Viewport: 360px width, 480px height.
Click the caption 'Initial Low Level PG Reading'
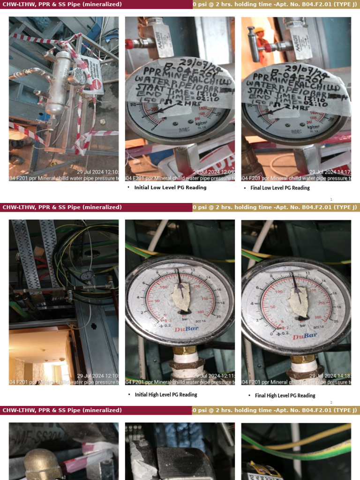pyautogui.click(x=170, y=187)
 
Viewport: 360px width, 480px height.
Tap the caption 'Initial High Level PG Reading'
pyautogui.click(x=165, y=395)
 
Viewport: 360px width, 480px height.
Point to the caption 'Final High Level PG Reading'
pyautogui.click(x=285, y=396)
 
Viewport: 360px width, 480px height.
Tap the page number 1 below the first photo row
pyautogui.click(x=331, y=199)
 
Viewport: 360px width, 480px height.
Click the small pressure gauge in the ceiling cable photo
pyautogui.click(x=86, y=277)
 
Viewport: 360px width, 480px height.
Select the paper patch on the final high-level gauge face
pyautogui.click(x=298, y=300)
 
